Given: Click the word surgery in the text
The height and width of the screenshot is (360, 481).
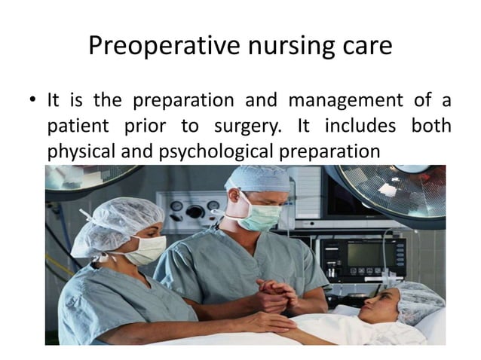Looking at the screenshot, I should (260, 125).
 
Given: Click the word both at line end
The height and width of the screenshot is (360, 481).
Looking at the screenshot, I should (431, 125).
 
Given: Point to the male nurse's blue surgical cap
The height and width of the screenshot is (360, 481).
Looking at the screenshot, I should (257, 178).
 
